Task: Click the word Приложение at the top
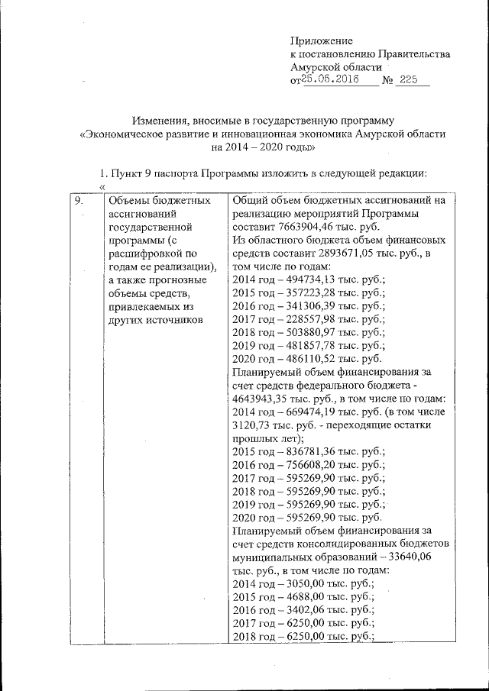tap(321, 40)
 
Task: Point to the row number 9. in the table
tap(77, 201)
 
